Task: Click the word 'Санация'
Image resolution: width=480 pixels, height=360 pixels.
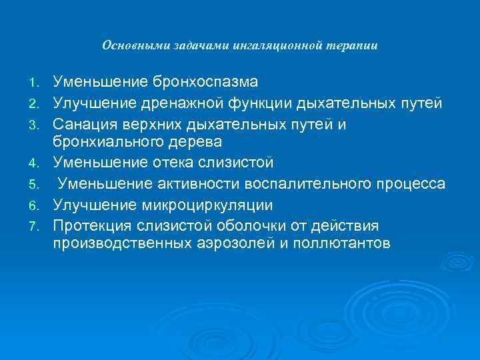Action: click(x=84, y=123)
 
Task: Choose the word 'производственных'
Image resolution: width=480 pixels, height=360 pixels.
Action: click(x=123, y=243)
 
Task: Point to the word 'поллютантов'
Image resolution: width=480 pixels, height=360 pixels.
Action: click(x=339, y=243)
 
